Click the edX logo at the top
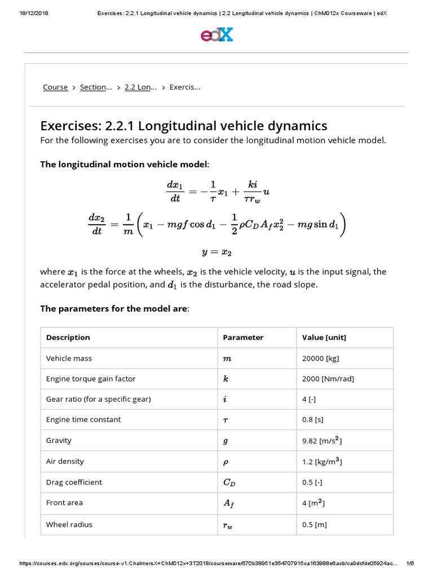216,35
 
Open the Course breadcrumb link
55,87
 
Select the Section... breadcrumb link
96,87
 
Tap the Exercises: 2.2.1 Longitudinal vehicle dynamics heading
183,125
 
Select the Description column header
68,338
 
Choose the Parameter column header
243,338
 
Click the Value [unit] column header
324,338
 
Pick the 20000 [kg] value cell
320,358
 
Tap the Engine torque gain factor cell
91,379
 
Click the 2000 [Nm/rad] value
328,379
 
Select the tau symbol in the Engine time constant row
226,420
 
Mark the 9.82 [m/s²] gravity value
321,441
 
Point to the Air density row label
65,461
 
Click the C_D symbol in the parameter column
229,482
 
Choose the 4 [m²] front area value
313,503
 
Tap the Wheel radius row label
69,524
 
